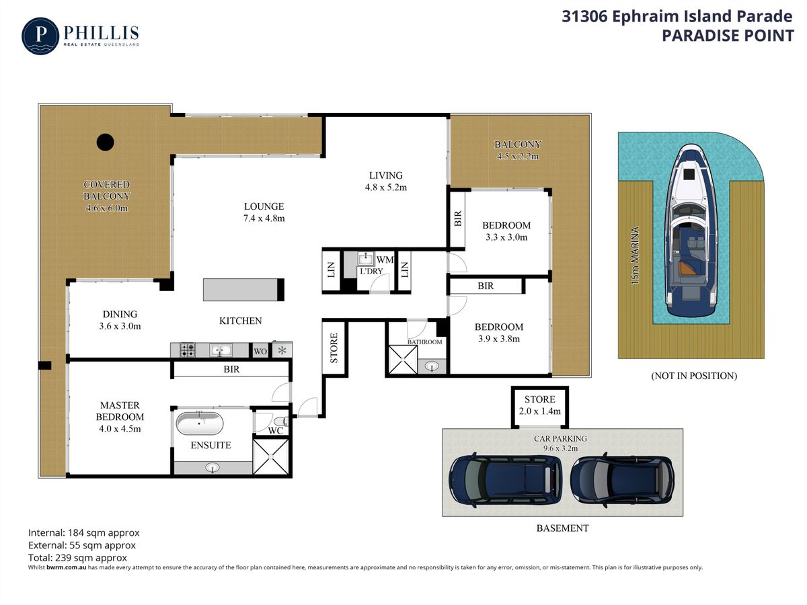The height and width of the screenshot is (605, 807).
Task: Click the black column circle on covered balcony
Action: click(x=105, y=142)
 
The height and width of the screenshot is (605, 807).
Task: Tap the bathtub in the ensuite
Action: click(x=199, y=424)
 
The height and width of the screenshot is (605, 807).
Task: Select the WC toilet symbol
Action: click(x=281, y=421)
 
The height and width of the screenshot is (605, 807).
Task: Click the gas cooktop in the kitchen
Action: click(x=188, y=350)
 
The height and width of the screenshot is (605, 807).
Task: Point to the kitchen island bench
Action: click(x=243, y=290)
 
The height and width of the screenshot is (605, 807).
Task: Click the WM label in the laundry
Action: click(x=385, y=259)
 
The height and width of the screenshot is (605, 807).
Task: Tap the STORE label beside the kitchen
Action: click(x=334, y=348)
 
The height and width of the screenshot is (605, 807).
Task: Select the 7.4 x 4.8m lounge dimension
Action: click(x=264, y=218)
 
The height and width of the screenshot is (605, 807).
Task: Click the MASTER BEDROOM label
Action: click(x=120, y=411)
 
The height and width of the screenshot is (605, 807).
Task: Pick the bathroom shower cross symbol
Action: click(x=403, y=359)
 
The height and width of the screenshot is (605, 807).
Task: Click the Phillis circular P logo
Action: click(x=40, y=36)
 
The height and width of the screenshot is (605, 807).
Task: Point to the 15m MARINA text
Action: click(x=635, y=255)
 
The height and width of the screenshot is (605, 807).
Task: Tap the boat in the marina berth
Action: click(x=691, y=231)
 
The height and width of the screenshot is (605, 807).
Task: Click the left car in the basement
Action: click(x=506, y=480)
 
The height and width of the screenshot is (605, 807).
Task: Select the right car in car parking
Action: click(x=622, y=480)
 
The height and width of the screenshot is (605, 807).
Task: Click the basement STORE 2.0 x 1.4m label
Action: click(x=540, y=405)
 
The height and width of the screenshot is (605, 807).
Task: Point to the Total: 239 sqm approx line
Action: click(x=77, y=558)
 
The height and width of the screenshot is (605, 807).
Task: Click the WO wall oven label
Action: click(x=260, y=351)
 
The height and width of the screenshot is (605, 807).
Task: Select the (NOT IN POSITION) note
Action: click(x=694, y=376)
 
